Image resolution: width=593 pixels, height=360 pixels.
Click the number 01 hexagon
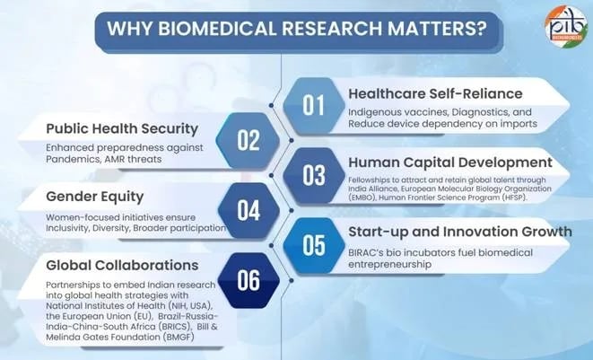pos(313,105)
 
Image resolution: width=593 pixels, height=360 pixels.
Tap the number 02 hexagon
pos(249,140)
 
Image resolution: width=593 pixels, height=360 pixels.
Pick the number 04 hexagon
pos(249,210)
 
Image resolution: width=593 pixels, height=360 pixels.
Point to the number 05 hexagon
pos(313,244)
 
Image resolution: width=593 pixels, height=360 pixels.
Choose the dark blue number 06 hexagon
pos(249,279)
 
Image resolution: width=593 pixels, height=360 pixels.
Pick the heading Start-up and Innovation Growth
pos(460,232)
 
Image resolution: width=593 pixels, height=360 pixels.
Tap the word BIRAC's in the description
pos(372,252)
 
